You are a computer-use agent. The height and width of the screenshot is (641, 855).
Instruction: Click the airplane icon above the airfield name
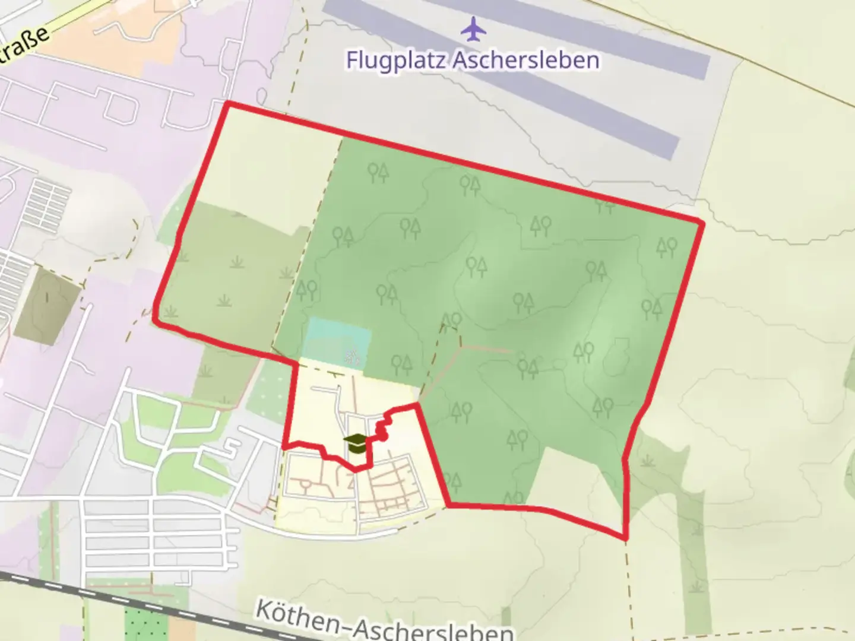473,30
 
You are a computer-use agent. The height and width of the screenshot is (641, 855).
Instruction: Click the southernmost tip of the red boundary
625,538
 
